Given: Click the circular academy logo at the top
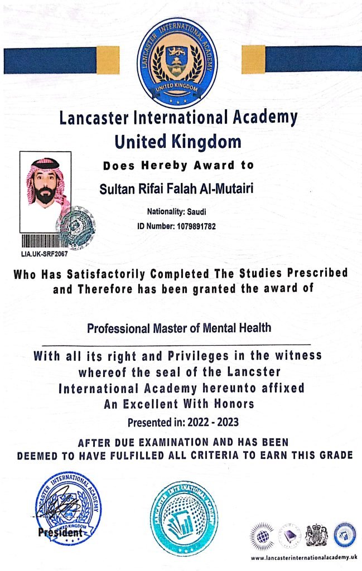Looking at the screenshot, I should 177,63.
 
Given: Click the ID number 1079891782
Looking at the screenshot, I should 192,226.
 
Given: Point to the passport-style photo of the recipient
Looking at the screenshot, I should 45,191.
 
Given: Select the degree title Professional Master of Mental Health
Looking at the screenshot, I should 179,328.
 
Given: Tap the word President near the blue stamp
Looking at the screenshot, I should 60,533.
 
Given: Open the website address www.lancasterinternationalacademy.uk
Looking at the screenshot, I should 303,558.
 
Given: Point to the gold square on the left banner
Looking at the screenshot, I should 107,60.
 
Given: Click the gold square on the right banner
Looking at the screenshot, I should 253,59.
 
